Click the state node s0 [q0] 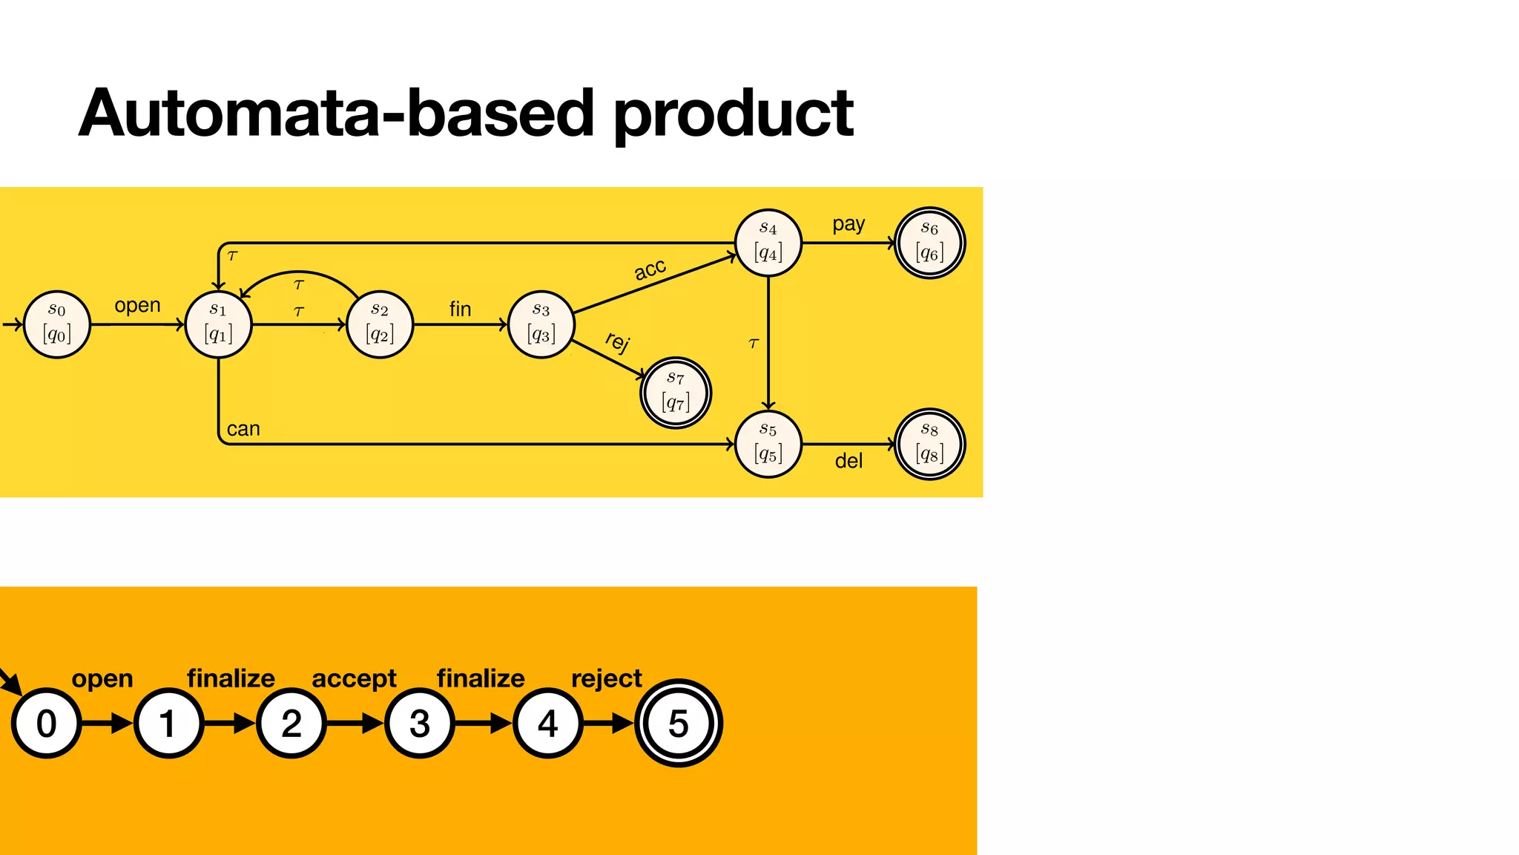[57, 324]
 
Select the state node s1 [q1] [218, 324]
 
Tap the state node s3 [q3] [541, 324]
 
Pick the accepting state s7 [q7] [676, 393]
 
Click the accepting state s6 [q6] [929, 243]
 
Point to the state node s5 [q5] [768, 444]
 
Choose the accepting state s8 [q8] [929, 444]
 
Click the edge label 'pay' [849, 224]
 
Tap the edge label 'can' [243, 429]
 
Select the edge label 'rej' [617, 341]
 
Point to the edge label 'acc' [650, 269]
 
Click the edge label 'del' [849, 462]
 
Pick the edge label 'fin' [460, 309]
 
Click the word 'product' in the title [734, 114]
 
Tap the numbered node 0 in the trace [46, 724]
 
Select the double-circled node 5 [678, 724]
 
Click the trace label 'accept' [354, 678]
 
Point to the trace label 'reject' [606, 678]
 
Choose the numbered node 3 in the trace [419, 724]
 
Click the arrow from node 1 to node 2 [230, 723]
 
